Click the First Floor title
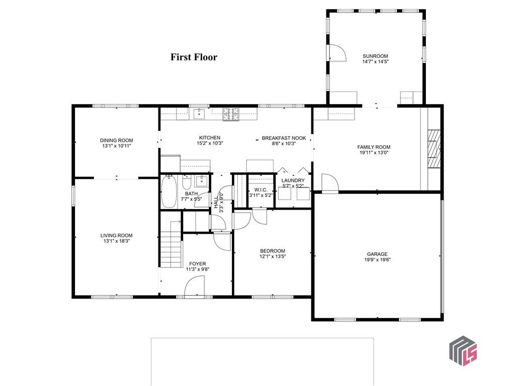pos(194,57)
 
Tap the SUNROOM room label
pos(376,56)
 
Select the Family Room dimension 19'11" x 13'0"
pos(374,153)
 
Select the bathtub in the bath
pos(168,191)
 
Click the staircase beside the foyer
pos(171,247)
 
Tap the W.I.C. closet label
pos(261,189)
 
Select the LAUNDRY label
pos(292,180)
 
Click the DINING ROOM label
pos(116,141)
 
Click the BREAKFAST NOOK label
pos(284,138)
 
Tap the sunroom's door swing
pos(336,53)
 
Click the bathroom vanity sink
pos(201,181)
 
